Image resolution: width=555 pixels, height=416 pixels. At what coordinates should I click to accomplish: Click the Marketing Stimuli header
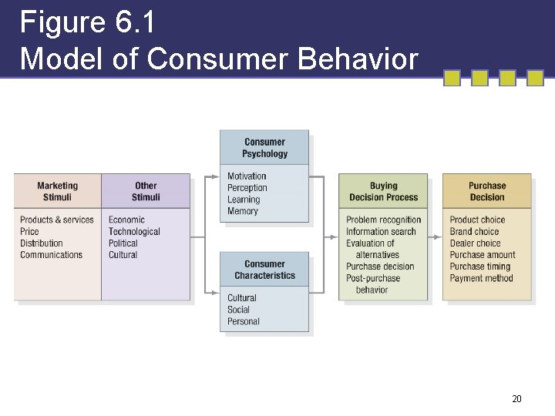click(x=57, y=191)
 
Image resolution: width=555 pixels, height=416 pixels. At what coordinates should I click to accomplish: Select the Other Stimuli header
click(x=146, y=191)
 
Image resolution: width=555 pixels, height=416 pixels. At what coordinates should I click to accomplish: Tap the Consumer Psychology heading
click(x=264, y=147)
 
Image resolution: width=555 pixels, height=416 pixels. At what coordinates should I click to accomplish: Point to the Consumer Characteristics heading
click(x=264, y=270)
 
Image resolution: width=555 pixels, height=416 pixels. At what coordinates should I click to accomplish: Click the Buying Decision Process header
click(x=383, y=191)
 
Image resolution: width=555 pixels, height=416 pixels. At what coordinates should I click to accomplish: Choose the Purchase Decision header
click(x=487, y=191)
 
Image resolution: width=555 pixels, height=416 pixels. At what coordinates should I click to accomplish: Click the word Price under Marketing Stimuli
click(x=29, y=232)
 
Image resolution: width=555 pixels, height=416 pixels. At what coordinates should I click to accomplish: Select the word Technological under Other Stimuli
click(x=134, y=232)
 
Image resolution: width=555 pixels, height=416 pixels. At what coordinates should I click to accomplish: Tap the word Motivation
click(x=247, y=176)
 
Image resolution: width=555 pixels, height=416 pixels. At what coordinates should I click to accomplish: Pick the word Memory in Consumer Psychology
click(x=243, y=211)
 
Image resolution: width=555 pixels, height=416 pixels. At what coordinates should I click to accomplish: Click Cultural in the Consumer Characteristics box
click(x=242, y=298)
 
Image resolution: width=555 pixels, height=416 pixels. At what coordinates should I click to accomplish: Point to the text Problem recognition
click(x=384, y=220)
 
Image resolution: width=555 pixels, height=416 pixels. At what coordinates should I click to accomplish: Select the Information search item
click(x=381, y=232)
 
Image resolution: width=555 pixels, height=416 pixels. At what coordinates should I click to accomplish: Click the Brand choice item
click(x=475, y=232)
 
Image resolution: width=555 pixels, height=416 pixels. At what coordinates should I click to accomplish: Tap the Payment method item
click(x=481, y=278)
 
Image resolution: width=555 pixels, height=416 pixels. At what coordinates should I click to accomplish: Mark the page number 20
click(x=516, y=399)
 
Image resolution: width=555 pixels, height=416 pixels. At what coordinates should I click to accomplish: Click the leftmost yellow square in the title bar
click(x=452, y=78)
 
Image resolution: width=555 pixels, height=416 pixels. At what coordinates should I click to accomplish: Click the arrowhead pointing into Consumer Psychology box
click(x=216, y=176)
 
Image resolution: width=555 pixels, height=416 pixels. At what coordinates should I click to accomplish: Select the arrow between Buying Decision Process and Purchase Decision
click(x=436, y=237)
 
